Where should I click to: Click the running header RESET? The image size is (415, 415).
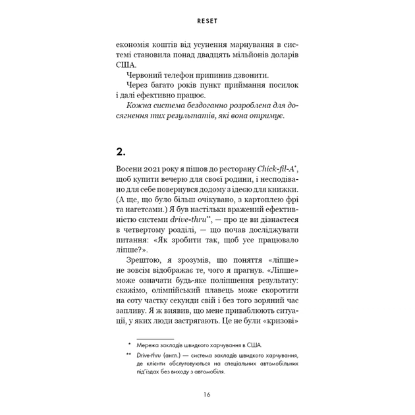click(x=207, y=20)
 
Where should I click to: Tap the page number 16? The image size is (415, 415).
click(x=207, y=394)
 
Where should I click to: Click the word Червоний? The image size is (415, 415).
click(x=148, y=78)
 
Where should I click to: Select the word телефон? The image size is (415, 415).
click(x=194, y=78)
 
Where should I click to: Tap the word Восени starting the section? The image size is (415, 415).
click(x=130, y=170)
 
